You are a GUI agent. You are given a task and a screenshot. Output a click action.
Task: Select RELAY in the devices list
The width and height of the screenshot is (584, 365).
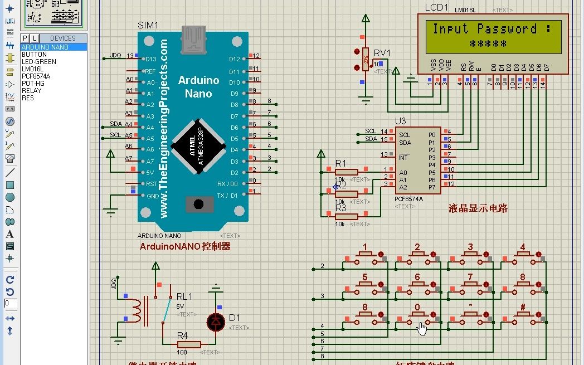pyautogui.click(x=31, y=90)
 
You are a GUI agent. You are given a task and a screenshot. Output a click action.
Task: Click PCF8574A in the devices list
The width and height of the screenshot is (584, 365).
pyautogui.click(x=36, y=76)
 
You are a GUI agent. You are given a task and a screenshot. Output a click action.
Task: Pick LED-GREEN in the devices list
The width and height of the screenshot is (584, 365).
pyautogui.click(x=38, y=61)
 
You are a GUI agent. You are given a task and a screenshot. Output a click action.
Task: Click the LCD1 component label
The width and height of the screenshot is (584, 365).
pyautogui.click(x=436, y=7)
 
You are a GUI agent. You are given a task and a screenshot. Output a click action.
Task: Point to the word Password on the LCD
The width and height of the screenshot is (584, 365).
pyautogui.click(x=507, y=29)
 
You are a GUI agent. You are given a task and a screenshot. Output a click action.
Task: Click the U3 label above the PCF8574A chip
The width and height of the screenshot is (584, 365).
pyautogui.click(x=400, y=121)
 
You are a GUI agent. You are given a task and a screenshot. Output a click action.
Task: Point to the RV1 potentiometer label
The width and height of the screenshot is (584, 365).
pyautogui.click(x=382, y=53)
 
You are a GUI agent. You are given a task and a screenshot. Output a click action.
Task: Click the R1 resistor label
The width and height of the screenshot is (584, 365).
pyautogui.click(x=340, y=163)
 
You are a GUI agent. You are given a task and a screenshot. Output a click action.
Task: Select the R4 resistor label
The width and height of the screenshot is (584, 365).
pyautogui.click(x=182, y=335)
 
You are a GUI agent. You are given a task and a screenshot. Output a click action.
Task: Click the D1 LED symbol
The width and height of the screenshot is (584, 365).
pyautogui.click(x=216, y=321)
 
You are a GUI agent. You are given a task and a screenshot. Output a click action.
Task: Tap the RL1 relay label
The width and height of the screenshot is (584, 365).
pyautogui.click(x=184, y=296)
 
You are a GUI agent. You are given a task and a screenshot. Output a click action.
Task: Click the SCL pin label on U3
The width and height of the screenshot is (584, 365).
pyautogui.click(x=405, y=135)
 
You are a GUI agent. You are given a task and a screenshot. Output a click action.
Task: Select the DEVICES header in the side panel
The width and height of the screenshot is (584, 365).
pyautogui.click(x=62, y=38)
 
